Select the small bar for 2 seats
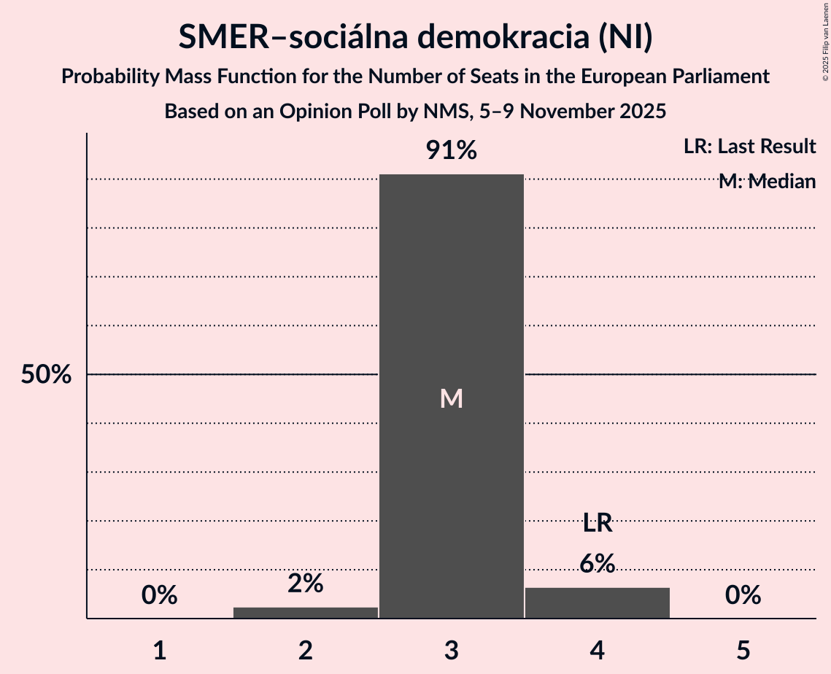(306, 613)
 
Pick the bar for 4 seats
(598, 603)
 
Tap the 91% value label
(452, 151)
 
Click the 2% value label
(306, 583)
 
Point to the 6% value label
(598, 563)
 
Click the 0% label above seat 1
(160, 595)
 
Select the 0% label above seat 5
(743, 595)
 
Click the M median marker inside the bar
(452, 398)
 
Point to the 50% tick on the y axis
(46, 375)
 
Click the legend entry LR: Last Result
(749, 147)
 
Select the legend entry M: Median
(767, 182)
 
